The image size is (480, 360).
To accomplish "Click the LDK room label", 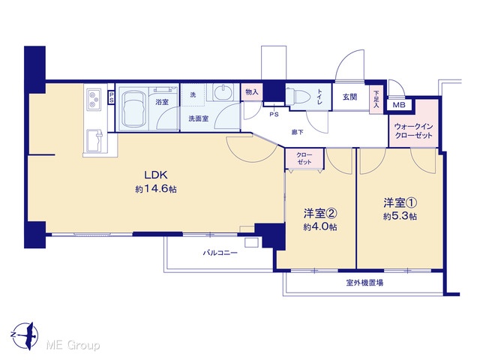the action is click(156, 175).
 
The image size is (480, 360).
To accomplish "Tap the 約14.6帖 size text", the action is click(156, 189).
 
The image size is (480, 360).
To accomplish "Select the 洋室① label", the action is click(400, 202).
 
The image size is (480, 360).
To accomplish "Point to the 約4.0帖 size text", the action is click(320, 226).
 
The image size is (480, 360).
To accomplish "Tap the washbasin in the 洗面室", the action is click(223, 92).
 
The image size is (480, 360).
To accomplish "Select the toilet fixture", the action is click(298, 95).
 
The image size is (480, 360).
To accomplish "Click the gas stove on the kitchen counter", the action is click(94, 100).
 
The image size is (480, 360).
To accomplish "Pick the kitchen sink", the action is click(95, 141).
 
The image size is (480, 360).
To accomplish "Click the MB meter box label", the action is click(399, 105).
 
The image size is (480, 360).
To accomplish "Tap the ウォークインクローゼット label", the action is click(413, 131).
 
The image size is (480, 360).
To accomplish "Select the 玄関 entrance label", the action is click(349, 97).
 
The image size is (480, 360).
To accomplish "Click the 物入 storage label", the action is click(252, 91).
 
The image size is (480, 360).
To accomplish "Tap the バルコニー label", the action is click(220, 253).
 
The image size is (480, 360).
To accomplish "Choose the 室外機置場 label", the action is click(364, 283).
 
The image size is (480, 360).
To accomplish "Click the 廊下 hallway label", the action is click(297, 132).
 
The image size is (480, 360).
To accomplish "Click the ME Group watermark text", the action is click(73, 346).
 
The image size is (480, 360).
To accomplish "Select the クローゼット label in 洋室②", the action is click(304, 158).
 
